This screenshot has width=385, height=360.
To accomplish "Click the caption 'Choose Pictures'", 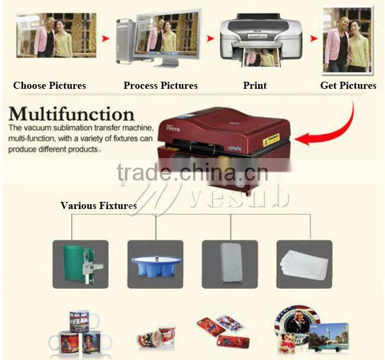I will click(50, 85).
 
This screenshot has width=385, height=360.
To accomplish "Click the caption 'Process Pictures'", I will click(161, 85).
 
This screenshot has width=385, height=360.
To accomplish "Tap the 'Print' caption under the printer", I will click(255, 85).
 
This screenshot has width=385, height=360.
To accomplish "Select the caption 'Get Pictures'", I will click(348, 85).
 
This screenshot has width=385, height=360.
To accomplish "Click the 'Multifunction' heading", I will click(72, 114).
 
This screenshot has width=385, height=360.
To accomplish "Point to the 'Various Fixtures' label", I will click(98, 205).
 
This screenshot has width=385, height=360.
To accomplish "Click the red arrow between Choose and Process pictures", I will click(106, 38).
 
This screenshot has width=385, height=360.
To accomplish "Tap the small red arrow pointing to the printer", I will click(210, 38).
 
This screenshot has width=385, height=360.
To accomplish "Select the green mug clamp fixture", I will click(79, 264).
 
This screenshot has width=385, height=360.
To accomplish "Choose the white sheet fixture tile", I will click(304, 264).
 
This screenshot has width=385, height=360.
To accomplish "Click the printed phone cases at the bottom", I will click(220, 332).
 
